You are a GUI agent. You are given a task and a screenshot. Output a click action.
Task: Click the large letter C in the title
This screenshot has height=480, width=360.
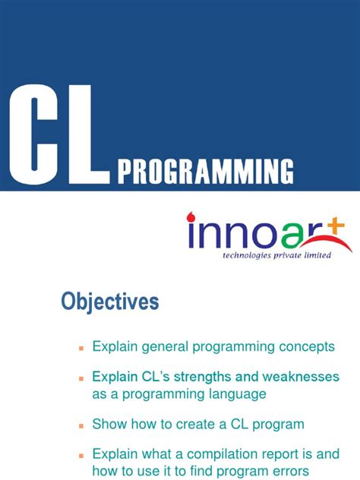coord(33,133)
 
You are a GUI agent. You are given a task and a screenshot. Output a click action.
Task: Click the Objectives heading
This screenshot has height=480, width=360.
coord(110,302)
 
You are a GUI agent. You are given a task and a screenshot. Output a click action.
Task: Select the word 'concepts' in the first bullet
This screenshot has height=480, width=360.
coord(308,346)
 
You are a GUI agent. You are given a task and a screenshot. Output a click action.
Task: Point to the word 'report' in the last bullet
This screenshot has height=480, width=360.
coord(276,454)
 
